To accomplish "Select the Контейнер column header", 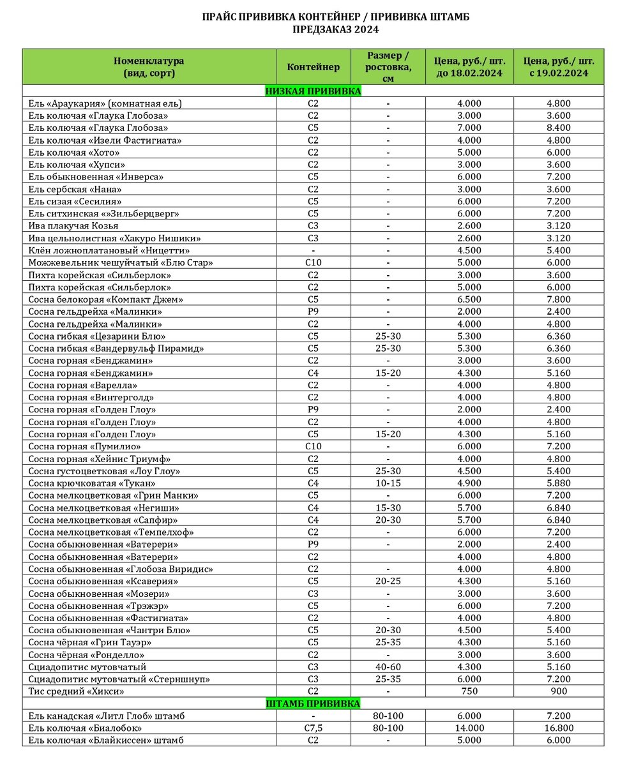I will [x=313, y=67].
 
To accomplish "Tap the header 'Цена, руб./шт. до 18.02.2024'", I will [x=469, y=67].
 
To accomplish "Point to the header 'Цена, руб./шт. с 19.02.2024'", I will [x=559, y=67].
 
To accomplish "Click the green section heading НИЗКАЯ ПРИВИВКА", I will [x=313, y=91].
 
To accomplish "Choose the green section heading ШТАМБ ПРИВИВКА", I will [x=313, y=703].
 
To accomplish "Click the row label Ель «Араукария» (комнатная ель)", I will [x=105, y=103].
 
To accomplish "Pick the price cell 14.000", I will [x=469, y=728].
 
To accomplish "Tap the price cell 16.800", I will [x=559, y=728].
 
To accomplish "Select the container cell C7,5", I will [x=313, y=728].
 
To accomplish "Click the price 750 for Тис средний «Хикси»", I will [x=469, y=691].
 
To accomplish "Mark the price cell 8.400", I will [x=559, y=128].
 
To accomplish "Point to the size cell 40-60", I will [x=388, y=667].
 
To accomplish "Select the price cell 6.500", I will [x=469, y=299].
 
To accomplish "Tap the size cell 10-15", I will [x=388, y=483].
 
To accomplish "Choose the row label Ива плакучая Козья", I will [x=73, y=226].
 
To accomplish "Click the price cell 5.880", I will [x=559, y=483].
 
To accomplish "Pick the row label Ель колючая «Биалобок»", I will [x=85, y=728].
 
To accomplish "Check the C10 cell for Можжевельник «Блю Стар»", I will [x=313, y=263].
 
